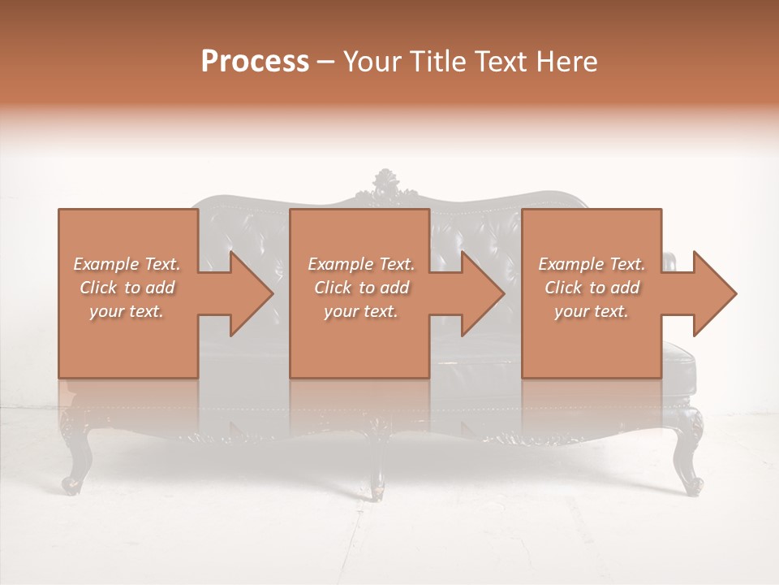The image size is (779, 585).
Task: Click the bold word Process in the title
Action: tap(255, 62)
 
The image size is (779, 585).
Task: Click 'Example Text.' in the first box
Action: tap(127, 264)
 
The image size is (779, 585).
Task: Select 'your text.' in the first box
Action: tap(127, 311)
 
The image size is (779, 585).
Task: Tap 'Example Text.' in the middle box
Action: tap(361, 264)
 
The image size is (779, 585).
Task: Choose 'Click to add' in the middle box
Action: tap(361, 288)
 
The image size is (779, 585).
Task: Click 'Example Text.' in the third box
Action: tap(592, 264)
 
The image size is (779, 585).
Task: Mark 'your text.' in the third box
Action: tap(592, 311)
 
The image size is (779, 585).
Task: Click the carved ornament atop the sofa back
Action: tap(385, 184)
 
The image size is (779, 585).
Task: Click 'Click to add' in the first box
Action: tap(127, 288)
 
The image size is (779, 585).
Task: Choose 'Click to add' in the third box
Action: tap(592, 288)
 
